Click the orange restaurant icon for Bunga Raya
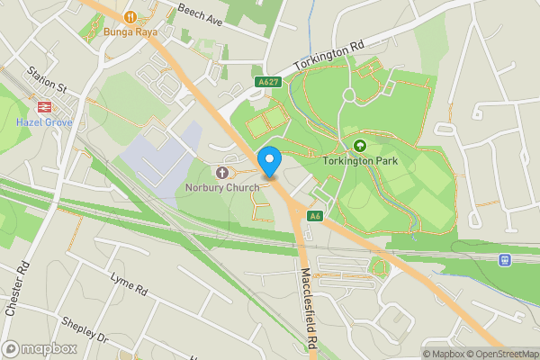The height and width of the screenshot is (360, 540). coord(131,15)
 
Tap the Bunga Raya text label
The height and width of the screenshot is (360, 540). coord(130,32)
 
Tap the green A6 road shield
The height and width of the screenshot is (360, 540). coord(315,216)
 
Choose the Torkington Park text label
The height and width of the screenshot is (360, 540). coord(361,162)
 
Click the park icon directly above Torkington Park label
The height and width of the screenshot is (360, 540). coord(361,145)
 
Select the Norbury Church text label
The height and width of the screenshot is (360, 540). coord(222,187)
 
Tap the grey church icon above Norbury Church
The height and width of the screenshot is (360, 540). coord(222,171)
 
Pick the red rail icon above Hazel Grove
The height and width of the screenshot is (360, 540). coord(46,105)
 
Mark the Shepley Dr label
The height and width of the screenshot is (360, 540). coord(85,330)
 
